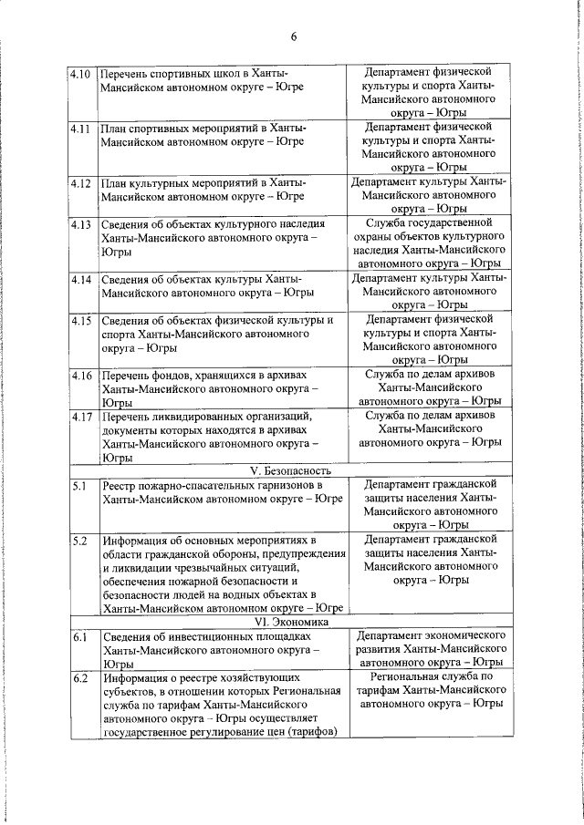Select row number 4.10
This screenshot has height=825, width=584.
click(80, 73)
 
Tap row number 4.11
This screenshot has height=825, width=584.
click(80, 129)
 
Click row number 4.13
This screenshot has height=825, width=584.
click(80, 223)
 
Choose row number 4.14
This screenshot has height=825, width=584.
click(80, 278)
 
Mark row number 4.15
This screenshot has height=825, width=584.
click(80, 320)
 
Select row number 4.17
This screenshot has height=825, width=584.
click(80, 417)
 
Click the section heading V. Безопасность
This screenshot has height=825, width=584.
click(293, 471)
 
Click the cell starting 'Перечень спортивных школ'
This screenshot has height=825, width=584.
click(202, 79)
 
